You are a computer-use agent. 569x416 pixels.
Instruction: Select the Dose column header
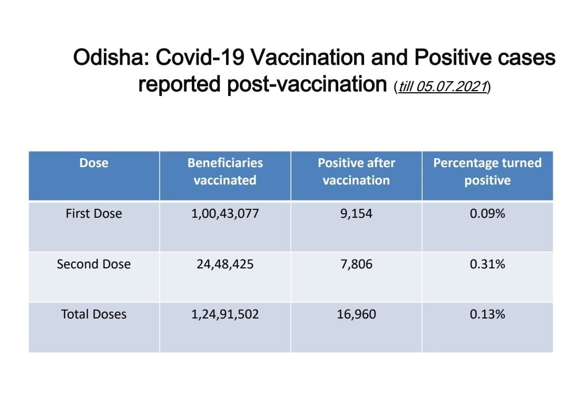[x=94, y=163]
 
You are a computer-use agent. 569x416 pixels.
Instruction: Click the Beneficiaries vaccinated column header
[x=225, y=171]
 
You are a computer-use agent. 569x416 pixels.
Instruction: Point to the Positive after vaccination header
[x=356, y=171]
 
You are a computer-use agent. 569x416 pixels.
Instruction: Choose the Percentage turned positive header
[x=487, y=171]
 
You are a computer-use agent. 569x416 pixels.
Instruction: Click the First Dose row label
[x=94, y=214]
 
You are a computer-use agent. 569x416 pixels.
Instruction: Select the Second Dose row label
[x=94, y=264]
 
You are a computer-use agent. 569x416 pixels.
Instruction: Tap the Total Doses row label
[x=94, y=314]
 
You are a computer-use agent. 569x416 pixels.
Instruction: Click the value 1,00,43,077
[x=225, y=214]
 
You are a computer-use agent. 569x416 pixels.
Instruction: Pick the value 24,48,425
[x=225, y=264]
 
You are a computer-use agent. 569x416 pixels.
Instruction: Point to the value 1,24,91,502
[x=225, y=314]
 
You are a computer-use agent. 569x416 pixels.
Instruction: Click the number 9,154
[x=356, y=214]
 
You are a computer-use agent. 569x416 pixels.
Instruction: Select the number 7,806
[x=356, y=264]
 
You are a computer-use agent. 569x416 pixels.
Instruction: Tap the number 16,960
[x=356, y=314]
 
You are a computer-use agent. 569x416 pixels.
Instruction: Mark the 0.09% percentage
[x=487, y=214]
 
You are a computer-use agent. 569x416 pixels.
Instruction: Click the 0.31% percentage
[x=487, y=264]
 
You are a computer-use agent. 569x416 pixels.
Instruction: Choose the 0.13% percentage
[x=487, y=314]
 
